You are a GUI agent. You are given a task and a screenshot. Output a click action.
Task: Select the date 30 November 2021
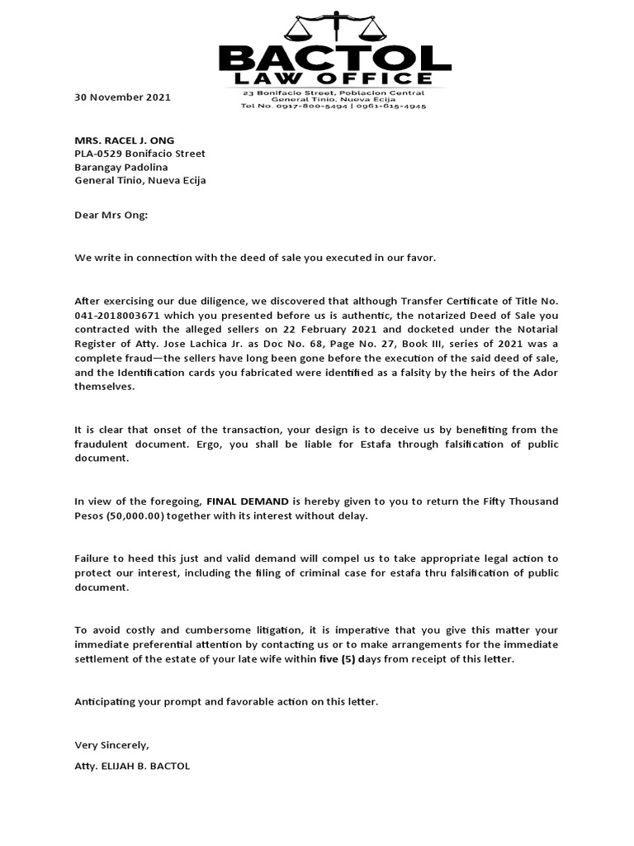point(122,97)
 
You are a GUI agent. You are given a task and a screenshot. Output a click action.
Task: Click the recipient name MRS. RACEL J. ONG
point(125,140)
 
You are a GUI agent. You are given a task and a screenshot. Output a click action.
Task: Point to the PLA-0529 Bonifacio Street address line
point(140,154)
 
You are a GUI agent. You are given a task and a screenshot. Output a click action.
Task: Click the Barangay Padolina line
point(121,167)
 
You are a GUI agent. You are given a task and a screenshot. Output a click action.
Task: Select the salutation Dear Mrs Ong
point(111,216)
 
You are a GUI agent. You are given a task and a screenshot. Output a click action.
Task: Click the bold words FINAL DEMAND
point(248,501)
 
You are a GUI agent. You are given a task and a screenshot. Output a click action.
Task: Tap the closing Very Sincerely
point(111,745)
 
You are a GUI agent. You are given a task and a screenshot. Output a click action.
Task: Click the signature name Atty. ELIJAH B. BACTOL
point(132,766)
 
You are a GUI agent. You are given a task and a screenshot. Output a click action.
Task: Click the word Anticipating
point(107,701)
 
